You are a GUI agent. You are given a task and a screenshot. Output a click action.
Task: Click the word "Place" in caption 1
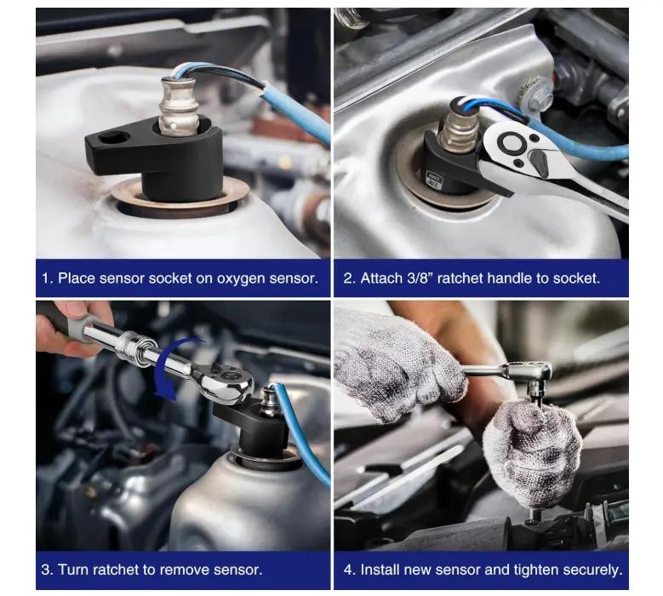76,278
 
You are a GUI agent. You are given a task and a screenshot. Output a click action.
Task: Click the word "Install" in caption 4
380,570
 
